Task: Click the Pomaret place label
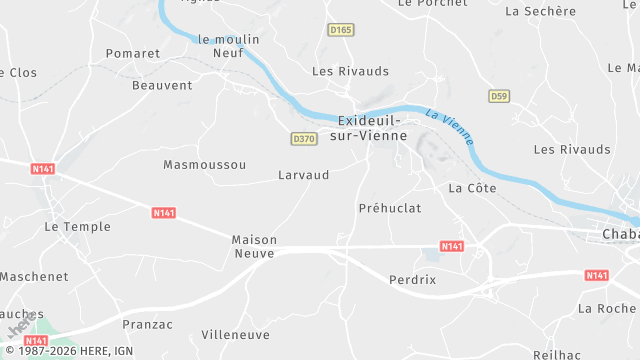[x=133, y=53]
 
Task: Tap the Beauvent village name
[x=161, y=85]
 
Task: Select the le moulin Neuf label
[x=229, y=46]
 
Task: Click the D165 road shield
[x=341, y=31]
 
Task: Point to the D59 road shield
[x=499, y=96]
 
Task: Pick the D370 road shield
[x=304, y=138]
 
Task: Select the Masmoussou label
[x=204, y=164]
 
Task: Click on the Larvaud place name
[x=303, y=175]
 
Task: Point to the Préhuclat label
[x=390, y=208]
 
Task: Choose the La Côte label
[x=472, y=188]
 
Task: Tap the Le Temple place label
[x=77, y=227]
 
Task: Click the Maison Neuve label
[x=254, y=247]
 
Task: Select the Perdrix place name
[x=413, y=280]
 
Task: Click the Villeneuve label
[x=235, y=335]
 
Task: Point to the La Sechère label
[x=541, y=11]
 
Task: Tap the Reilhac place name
[x=558, y=354]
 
